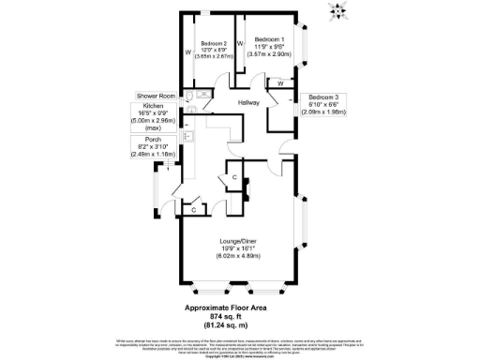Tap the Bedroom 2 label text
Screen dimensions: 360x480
(x=214, y=43)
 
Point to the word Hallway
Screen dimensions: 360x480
(x=248, y=102)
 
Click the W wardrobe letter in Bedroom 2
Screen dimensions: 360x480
(x=187, y=52)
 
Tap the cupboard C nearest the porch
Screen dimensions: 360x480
(x=193, y=210)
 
